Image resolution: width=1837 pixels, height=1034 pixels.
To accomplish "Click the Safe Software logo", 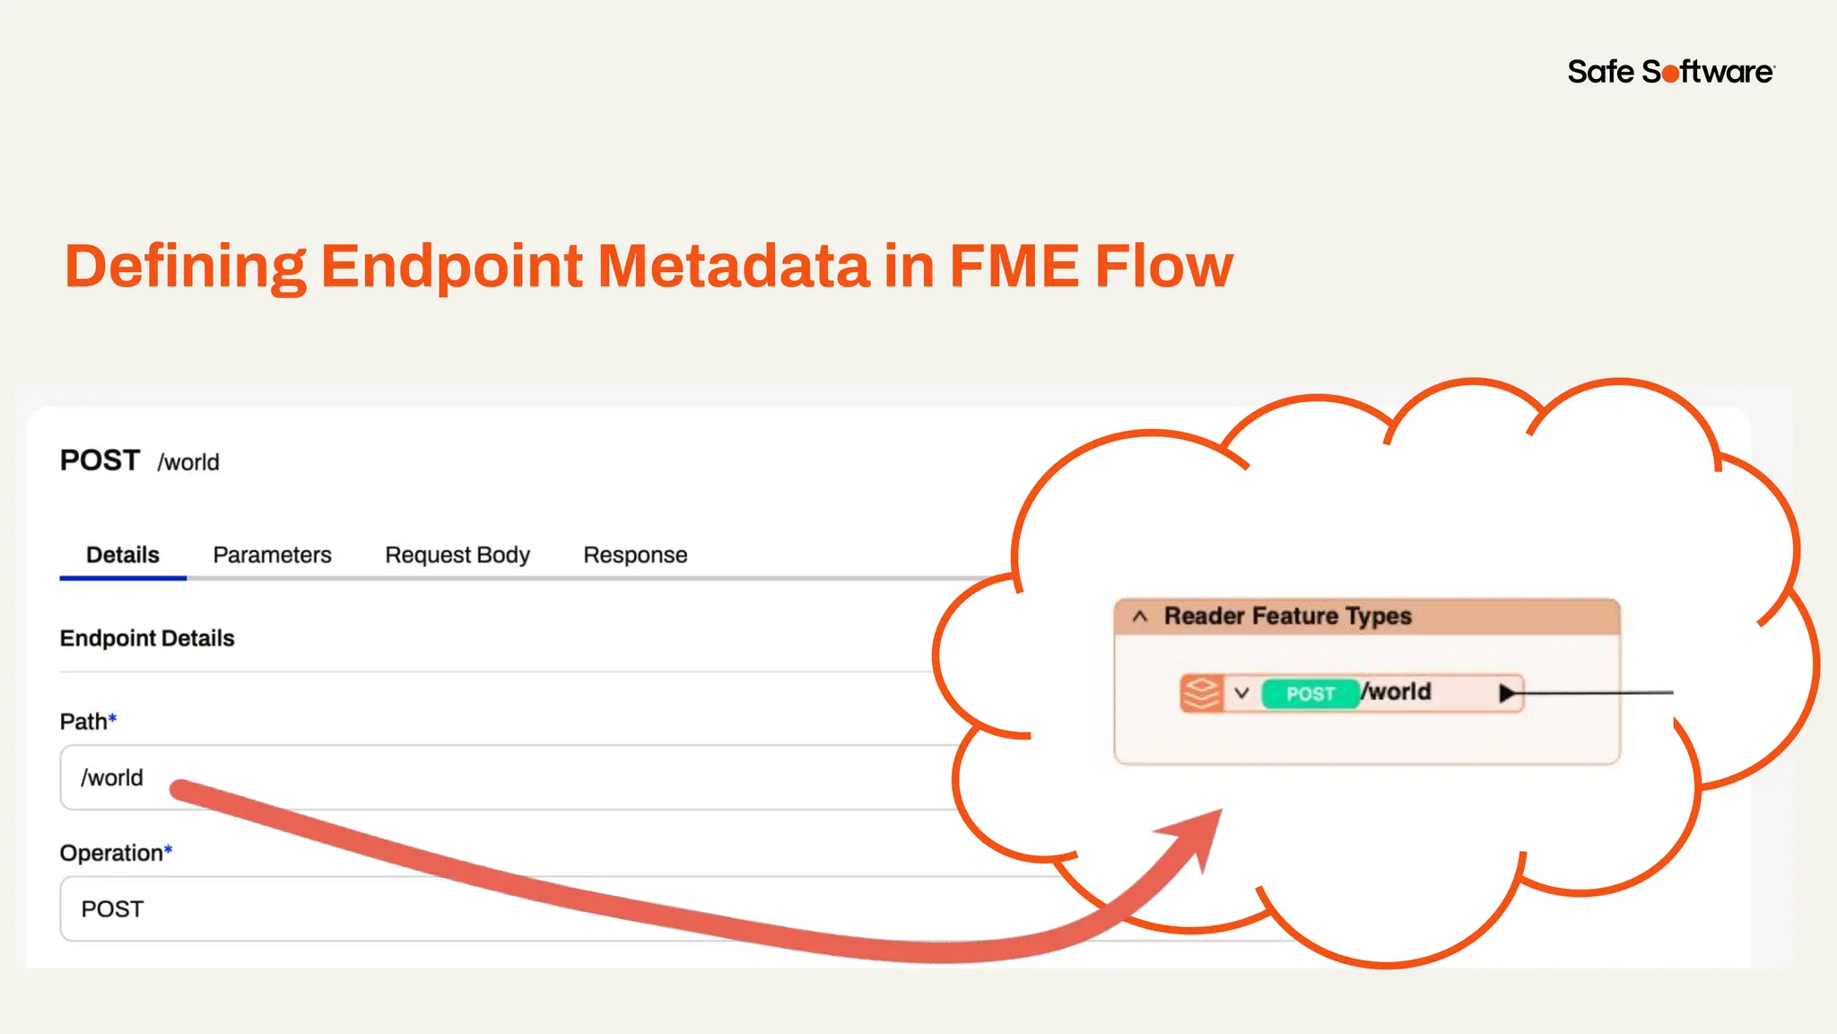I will click(x=1670, y=72).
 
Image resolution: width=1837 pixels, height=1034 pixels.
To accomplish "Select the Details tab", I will click(x=123, y=555).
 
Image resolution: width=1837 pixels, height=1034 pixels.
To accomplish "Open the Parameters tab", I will click(x=272, y=555).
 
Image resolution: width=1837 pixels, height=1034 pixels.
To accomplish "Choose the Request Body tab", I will click(x=457, y=555).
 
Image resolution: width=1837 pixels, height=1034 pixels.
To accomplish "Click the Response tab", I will click(x=635, y=555).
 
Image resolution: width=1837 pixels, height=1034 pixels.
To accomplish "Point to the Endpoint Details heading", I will click(x=147, y=638).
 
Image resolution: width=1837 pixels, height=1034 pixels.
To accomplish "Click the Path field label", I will click(x=83, y=722).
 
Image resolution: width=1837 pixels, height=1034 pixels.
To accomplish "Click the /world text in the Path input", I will click(x=112, y=777).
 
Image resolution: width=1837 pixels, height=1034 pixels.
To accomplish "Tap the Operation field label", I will click(x=111, y=853).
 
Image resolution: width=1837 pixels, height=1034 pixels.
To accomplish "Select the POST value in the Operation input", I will click(x=112, y=909).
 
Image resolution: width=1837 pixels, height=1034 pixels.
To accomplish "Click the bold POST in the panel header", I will click(x=100, y=460).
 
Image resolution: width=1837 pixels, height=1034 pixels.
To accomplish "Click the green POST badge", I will click(x=1310, y=694).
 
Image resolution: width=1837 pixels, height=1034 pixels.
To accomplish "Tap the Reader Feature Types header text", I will click(x=1287, y=616).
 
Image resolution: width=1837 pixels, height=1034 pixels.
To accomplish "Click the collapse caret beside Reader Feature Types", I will click(x=1140, y=617).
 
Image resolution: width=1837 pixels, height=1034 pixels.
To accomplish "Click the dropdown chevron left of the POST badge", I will click(x=1241, y=693).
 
